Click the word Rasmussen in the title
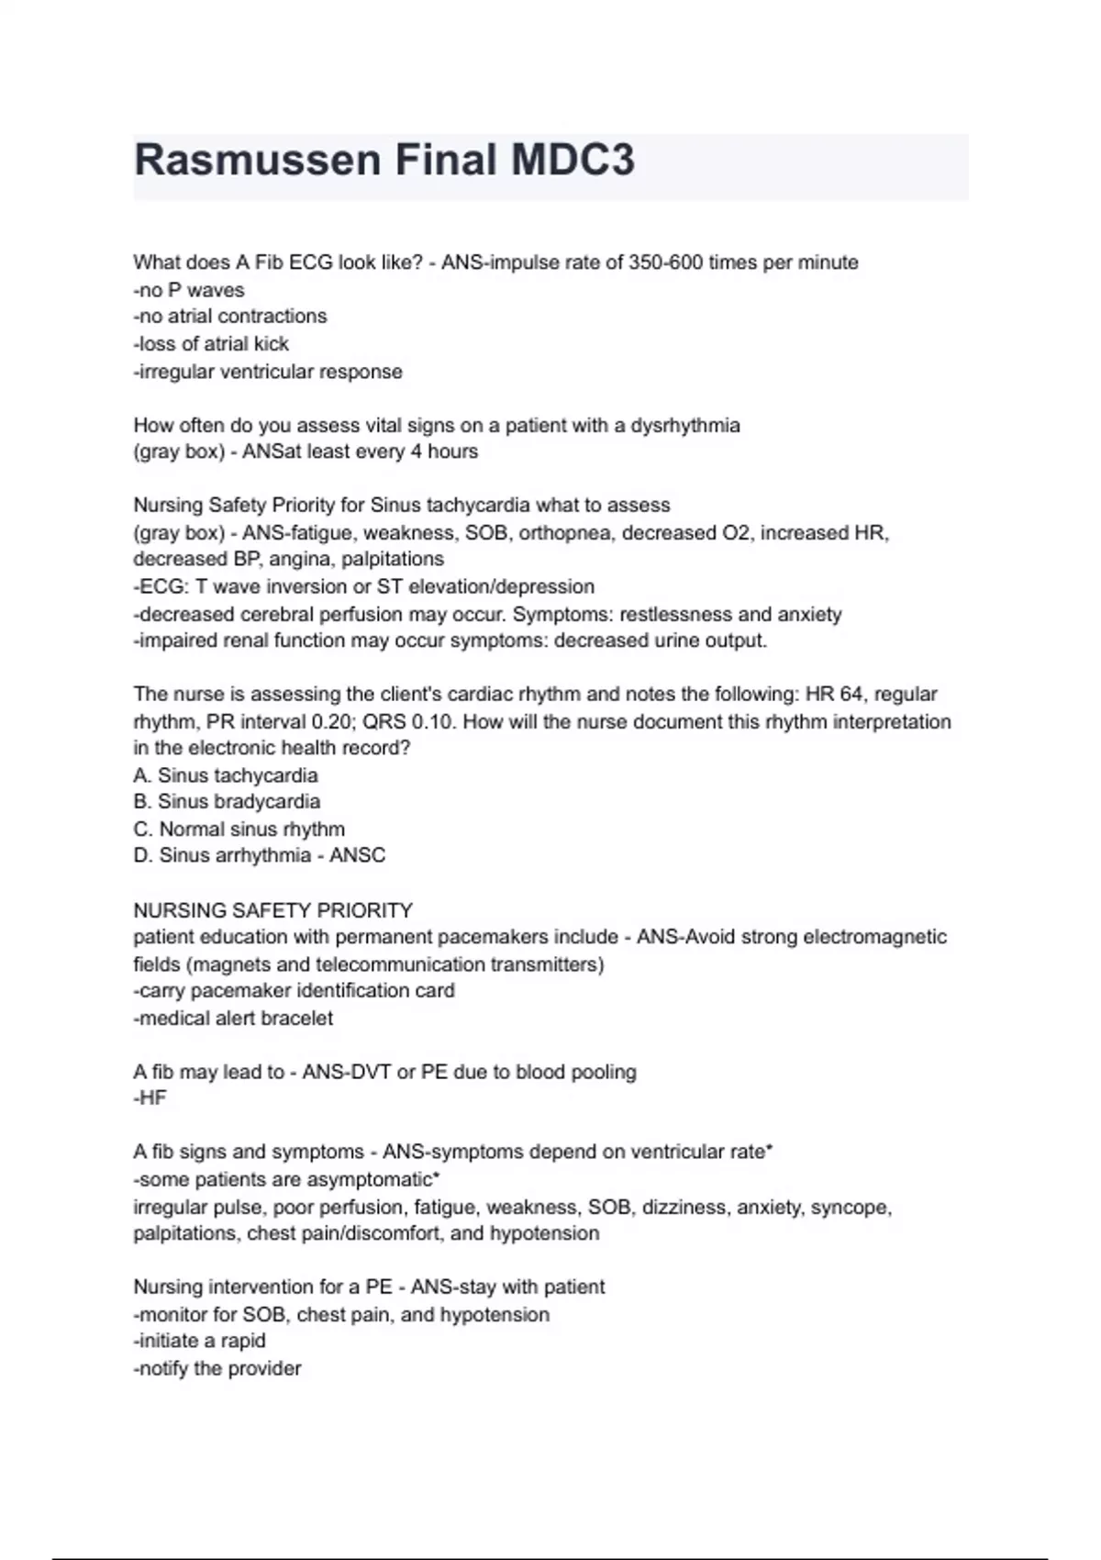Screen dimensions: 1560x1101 pos(258,161)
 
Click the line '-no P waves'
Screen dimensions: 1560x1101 pos(189,290)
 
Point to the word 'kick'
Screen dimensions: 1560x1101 pos(271,344)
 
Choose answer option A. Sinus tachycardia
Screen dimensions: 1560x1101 pos(226,775)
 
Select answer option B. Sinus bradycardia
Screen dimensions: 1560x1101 pos(227,801)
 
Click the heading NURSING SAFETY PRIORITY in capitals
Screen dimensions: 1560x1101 pos(273,910)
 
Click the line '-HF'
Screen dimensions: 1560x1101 pos(150,1098)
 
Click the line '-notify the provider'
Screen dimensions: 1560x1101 pos(217,1368)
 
